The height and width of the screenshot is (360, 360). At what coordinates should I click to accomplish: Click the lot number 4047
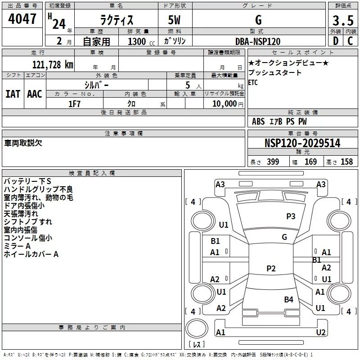(22, 19)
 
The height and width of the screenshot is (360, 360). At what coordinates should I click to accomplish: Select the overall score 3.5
(343, 20)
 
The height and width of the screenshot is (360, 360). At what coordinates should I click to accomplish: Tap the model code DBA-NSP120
(258, 41)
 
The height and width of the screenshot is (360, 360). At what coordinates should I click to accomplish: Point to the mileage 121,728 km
(53, 65)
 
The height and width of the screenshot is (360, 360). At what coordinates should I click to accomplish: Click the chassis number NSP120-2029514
(302, 143)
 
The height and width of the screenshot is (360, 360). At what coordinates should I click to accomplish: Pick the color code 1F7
(74, 104)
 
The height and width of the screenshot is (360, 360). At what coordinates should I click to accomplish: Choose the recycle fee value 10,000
(224, 104)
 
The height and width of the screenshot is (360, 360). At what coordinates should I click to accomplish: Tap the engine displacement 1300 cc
(141, 41)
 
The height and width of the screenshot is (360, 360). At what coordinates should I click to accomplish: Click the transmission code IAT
(13, 94)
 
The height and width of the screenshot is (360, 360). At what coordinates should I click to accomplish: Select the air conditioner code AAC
(35, 94)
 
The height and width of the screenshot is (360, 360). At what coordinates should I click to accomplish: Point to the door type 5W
(174, 20)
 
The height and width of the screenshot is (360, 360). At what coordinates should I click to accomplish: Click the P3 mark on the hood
(291, 216)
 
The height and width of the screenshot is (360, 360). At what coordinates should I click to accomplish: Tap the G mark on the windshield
(284, 237)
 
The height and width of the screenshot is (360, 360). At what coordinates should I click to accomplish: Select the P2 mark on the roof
(271, 268)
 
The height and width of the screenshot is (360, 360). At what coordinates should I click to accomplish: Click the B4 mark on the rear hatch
(288, 299)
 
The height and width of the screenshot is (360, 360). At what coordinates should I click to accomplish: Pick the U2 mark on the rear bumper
(321, 332)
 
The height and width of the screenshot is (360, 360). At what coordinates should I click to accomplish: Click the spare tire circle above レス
(197, 328)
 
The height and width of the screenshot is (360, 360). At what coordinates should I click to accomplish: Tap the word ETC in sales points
(253, 82)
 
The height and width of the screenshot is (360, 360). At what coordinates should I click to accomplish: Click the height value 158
(346, 162)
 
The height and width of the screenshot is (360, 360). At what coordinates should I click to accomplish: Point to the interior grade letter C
(350, 41)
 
